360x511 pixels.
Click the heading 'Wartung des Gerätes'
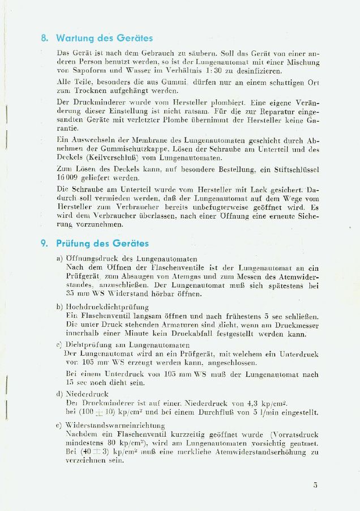click(104, 39)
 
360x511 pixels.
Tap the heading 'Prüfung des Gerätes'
click(102, 244)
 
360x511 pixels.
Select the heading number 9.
click(44, 244)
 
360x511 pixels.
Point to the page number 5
click(315, 485)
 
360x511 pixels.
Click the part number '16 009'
click(68, 177)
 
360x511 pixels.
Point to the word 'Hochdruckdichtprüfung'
click(104, 306)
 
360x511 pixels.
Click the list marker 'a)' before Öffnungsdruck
click(59, 258)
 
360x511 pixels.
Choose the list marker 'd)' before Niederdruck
click(59, 394)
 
